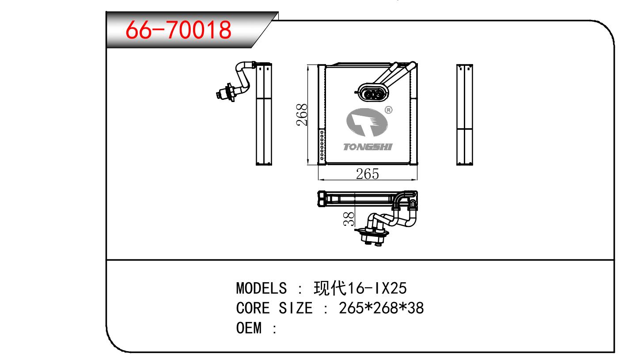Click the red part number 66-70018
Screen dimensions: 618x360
pyautogui.click(x=178, y=30)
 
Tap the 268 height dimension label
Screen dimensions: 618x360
pyautogui.click(x=302, y=115)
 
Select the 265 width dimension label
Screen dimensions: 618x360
pyautogui.click(x=368, y=174)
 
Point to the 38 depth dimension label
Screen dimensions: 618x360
pyautogui.click(x=349, y=219)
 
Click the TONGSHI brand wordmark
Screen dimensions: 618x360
pyautogui.click(x=368, y=147)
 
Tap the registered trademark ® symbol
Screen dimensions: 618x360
pyautogui.click(x=388, y=110)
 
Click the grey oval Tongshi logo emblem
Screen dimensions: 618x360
pyautogui.click(x=367, y=122)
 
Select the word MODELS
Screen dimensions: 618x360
pyautogui.click(x=262, y=288)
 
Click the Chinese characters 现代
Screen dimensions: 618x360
pyautogui.click(x=330, y=288)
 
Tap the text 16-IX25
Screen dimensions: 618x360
pyautogui.click(x=377, y=288)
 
